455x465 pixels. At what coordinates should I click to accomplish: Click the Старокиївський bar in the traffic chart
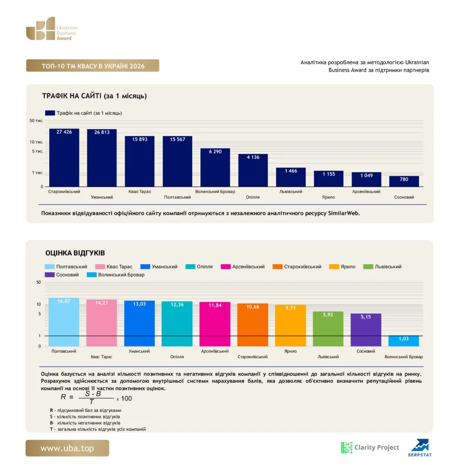click(64, 158)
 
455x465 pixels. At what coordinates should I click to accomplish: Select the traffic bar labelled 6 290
click(215, 167)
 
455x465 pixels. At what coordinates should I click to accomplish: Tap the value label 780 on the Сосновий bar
click(404, 179)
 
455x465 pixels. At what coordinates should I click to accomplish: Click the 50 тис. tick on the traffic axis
click(36, 121)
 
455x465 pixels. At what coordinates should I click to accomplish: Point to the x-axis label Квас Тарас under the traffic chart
click(140, 192)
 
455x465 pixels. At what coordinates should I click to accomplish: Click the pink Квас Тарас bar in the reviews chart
click(102, 323)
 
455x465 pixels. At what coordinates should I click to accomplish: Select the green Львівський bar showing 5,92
click(328, 329)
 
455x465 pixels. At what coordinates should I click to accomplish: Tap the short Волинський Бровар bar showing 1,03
click(403, 341)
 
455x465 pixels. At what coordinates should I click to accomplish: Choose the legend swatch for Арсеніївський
click(226, 267)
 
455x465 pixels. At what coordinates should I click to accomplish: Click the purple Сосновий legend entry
click(62, 275)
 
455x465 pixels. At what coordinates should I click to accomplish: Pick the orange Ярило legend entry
click(342, 267)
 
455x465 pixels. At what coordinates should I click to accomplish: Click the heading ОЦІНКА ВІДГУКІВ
click(75, 253)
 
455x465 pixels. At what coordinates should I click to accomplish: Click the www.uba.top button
click(67, 448)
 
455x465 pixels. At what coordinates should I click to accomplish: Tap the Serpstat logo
click(420, 448)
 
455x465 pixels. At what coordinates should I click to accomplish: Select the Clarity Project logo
click(370, 447)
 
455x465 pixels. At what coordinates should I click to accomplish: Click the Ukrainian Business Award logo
click(52, 29)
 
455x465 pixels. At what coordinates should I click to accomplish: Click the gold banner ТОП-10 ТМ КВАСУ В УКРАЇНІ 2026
click(92, 65)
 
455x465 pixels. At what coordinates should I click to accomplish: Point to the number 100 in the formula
click(126, 398)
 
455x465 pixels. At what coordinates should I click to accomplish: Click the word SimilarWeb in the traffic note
click(344, 213)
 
